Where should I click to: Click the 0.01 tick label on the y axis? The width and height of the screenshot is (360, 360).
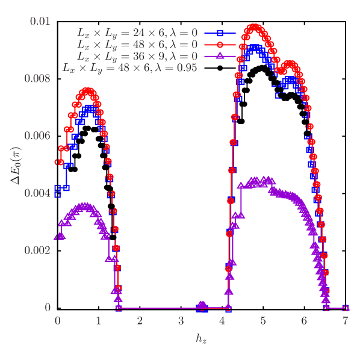(x=40, y=22)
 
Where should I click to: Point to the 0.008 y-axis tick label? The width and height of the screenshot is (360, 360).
(x=37, y=79)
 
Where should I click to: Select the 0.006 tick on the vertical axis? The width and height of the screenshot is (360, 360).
(x=37, y=136)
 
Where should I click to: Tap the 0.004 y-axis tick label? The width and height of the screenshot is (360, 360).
(x=37, y=193)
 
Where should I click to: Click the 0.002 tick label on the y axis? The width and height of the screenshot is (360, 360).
(x=37, y=250)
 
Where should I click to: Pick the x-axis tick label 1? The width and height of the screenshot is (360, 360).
(x=99, y=321)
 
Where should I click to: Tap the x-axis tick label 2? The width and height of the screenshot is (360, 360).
(x=140, y=321)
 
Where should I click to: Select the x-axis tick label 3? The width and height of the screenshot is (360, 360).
(x=181, y=321)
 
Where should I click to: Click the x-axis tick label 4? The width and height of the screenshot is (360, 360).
(x=222, y=321)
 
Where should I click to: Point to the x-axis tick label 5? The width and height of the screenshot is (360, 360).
(x=263, y=321)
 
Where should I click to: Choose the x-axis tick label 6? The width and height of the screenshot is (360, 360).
(x=304, y=321)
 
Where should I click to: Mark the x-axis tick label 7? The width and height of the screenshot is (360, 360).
(x=345, y=321)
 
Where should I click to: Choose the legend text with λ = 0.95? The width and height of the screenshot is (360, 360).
(x=130, y=67)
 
